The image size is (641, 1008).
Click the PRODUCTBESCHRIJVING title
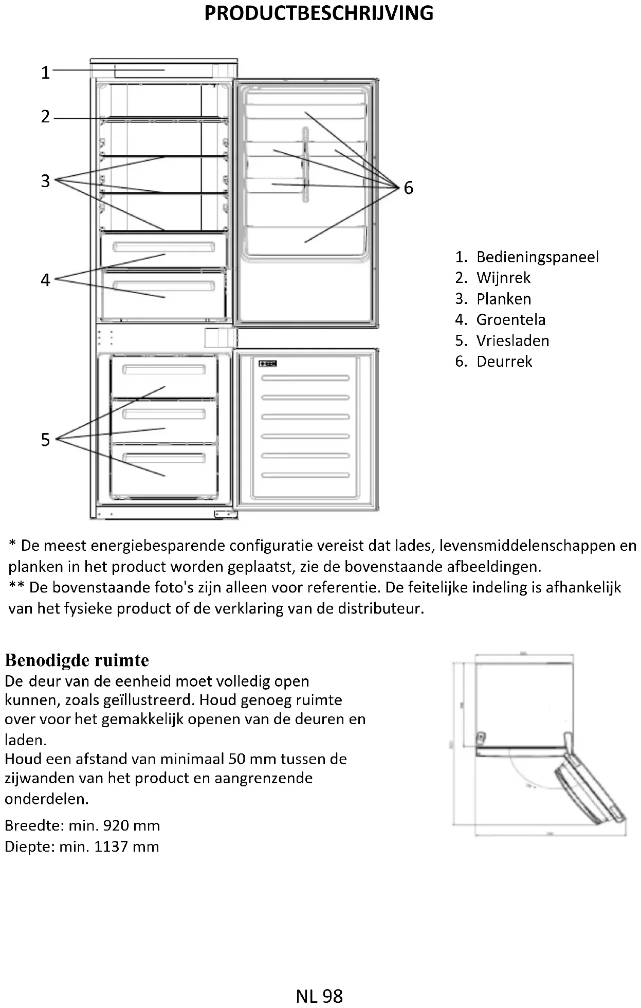(x=319, y=13)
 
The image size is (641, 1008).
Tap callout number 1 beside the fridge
(x=46, y=73)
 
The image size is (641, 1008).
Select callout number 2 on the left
(x=46, y=117)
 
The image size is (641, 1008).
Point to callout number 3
(x=46, y=181)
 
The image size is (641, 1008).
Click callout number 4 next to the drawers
(x=46, y=280)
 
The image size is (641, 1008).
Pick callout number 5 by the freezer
(x=46, y=440)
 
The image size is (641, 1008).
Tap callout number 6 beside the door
(x=408, y=188)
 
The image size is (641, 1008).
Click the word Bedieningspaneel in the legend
(x=537, y=257)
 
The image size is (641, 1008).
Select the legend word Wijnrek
(x=503, y=278)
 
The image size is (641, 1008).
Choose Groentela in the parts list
(x=510, y=319)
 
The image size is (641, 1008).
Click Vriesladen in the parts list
(x=512, y=340)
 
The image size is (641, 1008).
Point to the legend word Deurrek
(x=504, y=362)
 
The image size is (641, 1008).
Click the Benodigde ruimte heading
(x=77, y=660)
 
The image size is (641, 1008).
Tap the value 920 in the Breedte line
(x=118, y=825)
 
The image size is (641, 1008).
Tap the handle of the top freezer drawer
(x=163, y=370)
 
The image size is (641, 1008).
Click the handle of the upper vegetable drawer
(x=163, y=247)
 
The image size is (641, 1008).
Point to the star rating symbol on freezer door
(x=268, y=364)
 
